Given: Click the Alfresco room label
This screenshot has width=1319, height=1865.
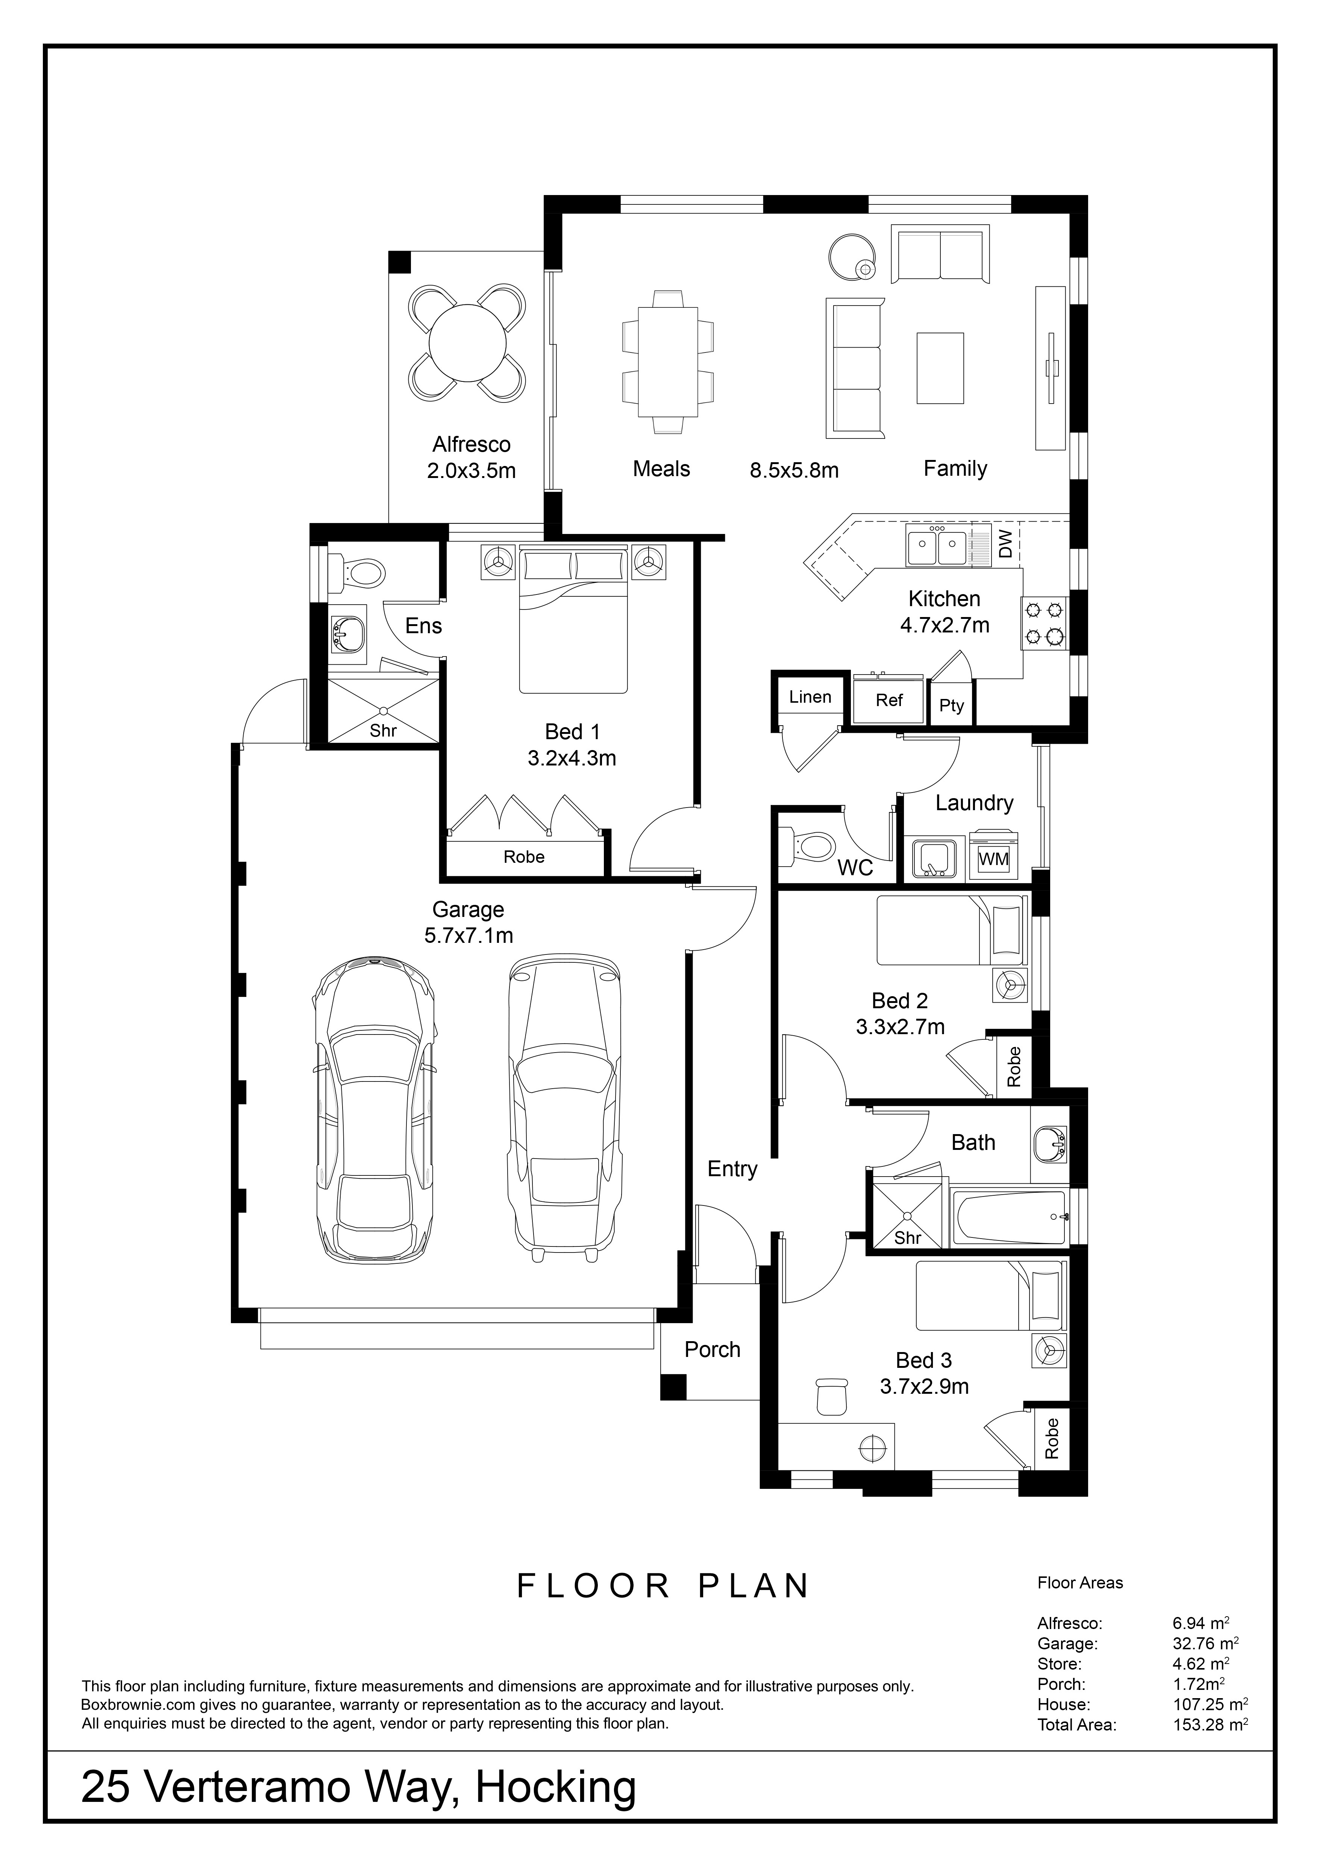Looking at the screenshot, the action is tap(472, 444).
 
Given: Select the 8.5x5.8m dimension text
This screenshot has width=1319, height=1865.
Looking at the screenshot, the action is tap(794, 470).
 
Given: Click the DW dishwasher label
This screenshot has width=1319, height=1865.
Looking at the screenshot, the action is tap(1005, 544).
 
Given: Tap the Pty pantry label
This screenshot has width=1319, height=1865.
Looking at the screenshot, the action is tap(952, 705).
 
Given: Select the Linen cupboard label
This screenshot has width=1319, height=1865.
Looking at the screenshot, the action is tap(810, 697).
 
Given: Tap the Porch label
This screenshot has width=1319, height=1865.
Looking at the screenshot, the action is tap(713, 1350).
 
